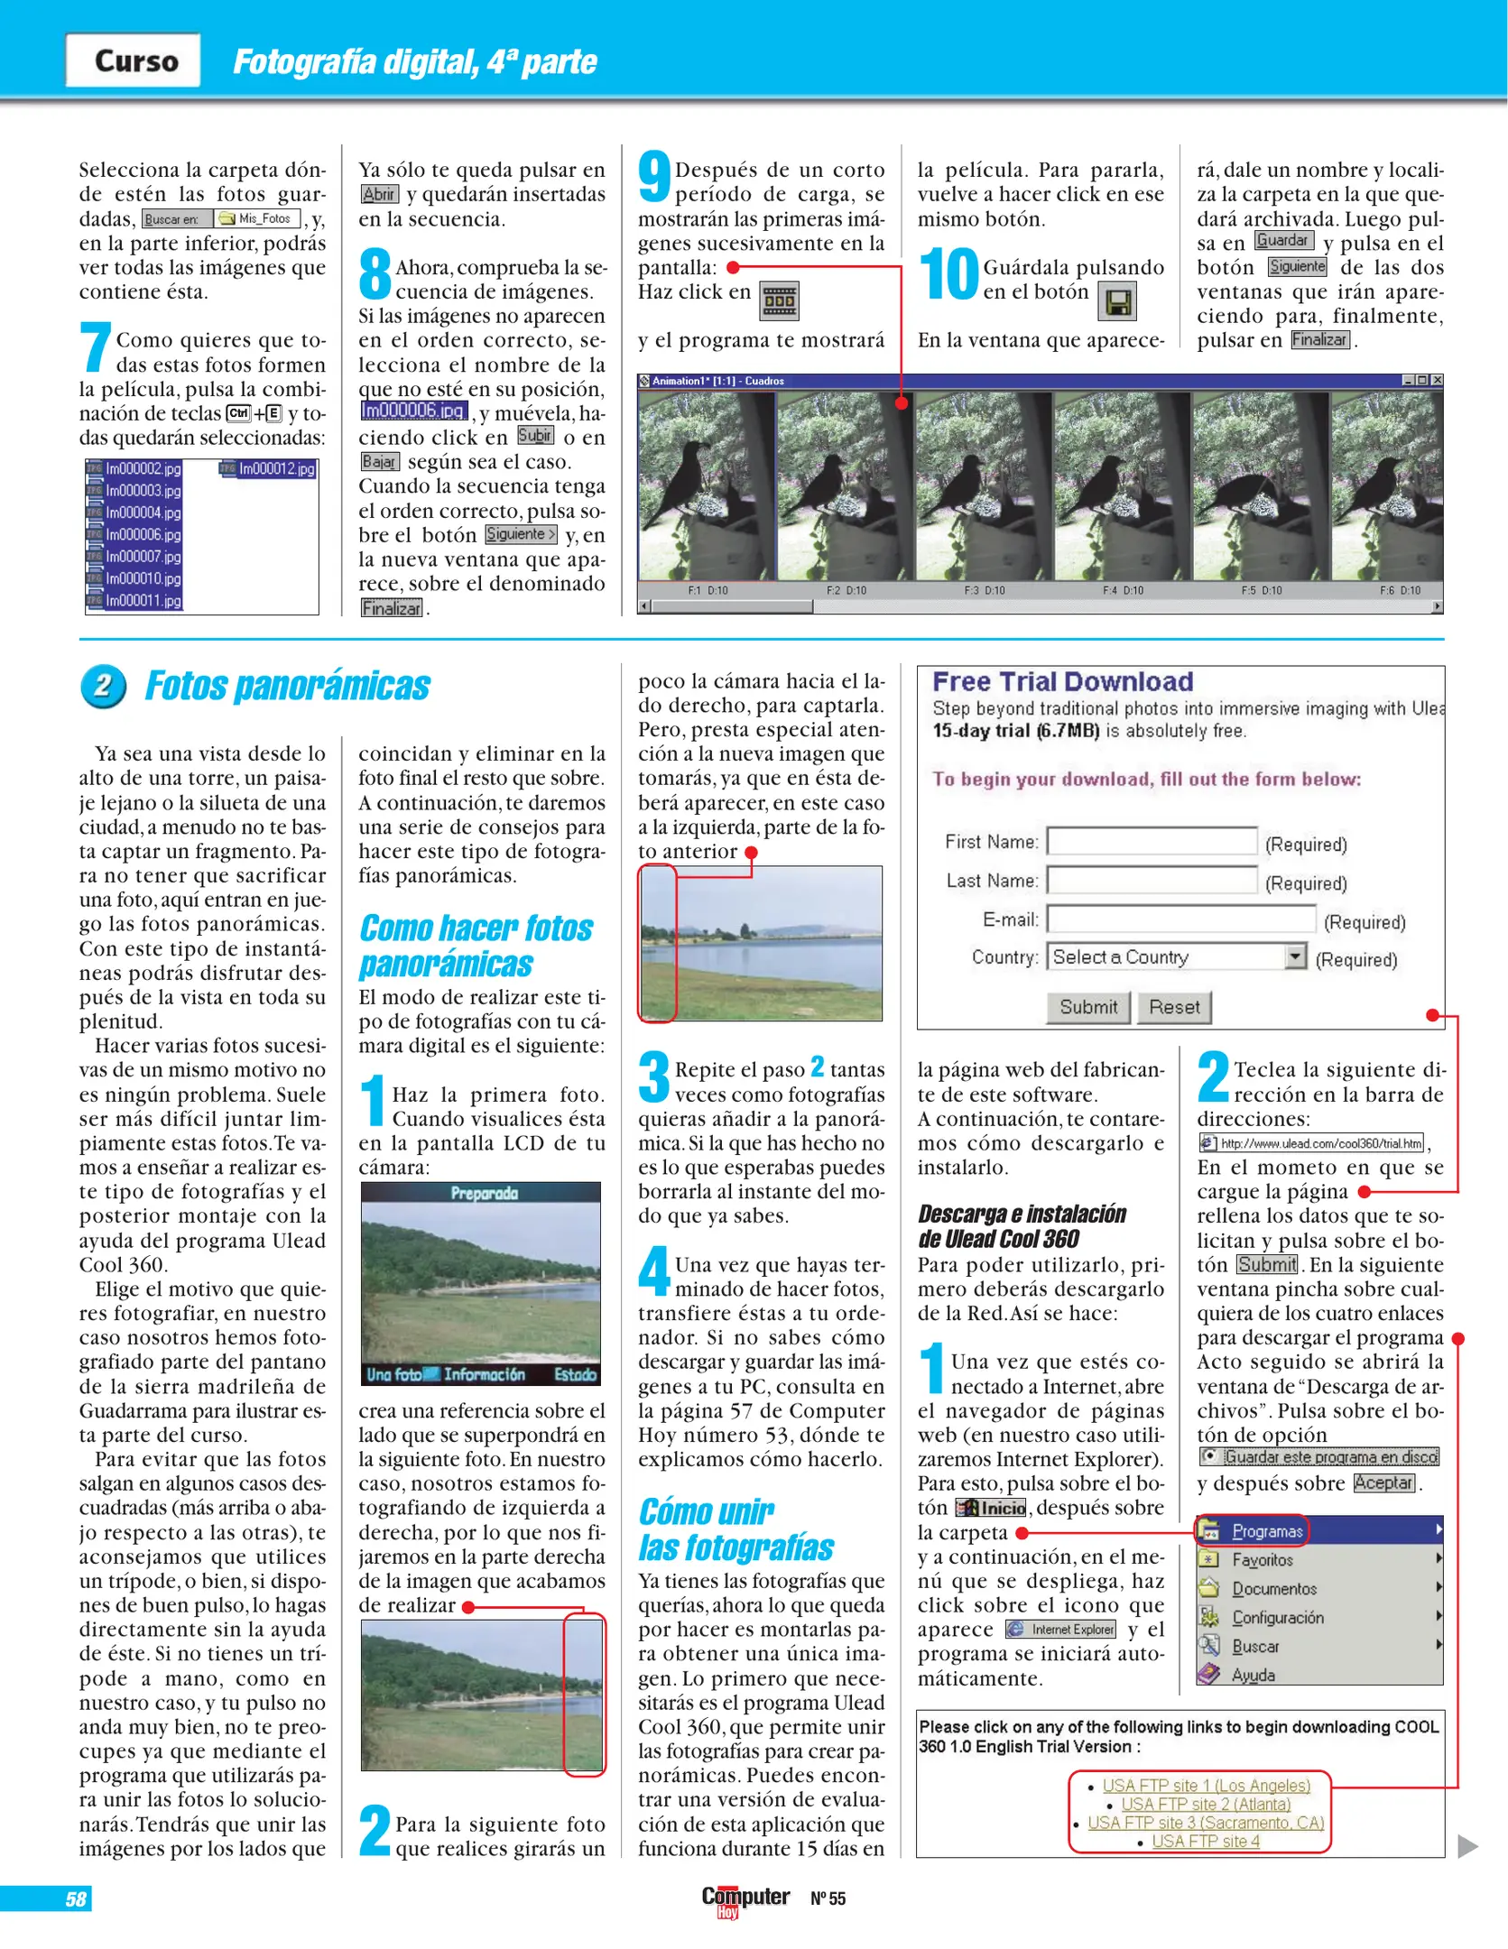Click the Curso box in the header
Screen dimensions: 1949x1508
134,60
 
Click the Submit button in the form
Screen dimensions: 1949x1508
1087,1007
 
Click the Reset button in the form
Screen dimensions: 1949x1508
1174,1007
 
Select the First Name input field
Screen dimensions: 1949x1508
1151,841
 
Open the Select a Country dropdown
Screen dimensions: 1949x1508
1295,956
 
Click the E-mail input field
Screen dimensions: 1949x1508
1180,919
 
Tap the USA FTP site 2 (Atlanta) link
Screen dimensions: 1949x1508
1205,1804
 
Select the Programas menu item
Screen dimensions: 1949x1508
1266,1531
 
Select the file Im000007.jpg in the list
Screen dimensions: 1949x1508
143,557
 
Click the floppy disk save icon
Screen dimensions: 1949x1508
1117,302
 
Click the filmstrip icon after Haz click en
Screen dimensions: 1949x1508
779,301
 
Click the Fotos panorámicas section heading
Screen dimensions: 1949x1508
287,686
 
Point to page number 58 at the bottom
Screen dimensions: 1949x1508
76,1899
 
